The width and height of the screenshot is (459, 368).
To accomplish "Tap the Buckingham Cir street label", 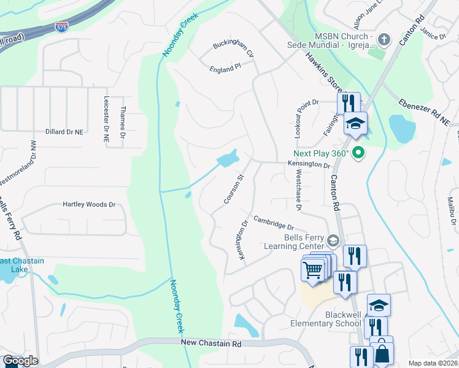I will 233,48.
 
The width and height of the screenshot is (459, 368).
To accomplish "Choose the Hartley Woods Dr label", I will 89,204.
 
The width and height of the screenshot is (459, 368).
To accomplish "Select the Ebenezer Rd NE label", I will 424,112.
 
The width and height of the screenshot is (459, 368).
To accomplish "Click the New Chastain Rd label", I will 212,344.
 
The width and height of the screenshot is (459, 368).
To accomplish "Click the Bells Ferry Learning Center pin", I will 333,240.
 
